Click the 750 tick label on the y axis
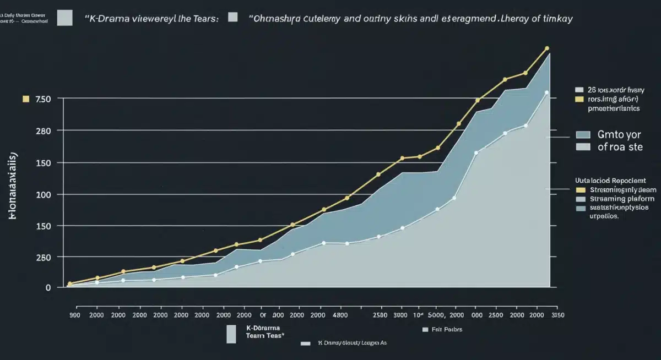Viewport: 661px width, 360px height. pos(43,99)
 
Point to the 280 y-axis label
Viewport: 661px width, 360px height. pos(43,131)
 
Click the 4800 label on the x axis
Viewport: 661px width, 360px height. pos(340,315)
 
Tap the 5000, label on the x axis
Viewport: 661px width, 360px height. pos(437,315)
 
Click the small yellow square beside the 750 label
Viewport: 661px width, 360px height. pos(24,100)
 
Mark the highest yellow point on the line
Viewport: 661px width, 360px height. pos(547,48)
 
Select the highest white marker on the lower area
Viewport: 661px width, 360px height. pos(546,92)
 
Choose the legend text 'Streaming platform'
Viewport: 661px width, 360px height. pos(622,199)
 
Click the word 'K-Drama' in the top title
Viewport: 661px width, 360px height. pos(105,18)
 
